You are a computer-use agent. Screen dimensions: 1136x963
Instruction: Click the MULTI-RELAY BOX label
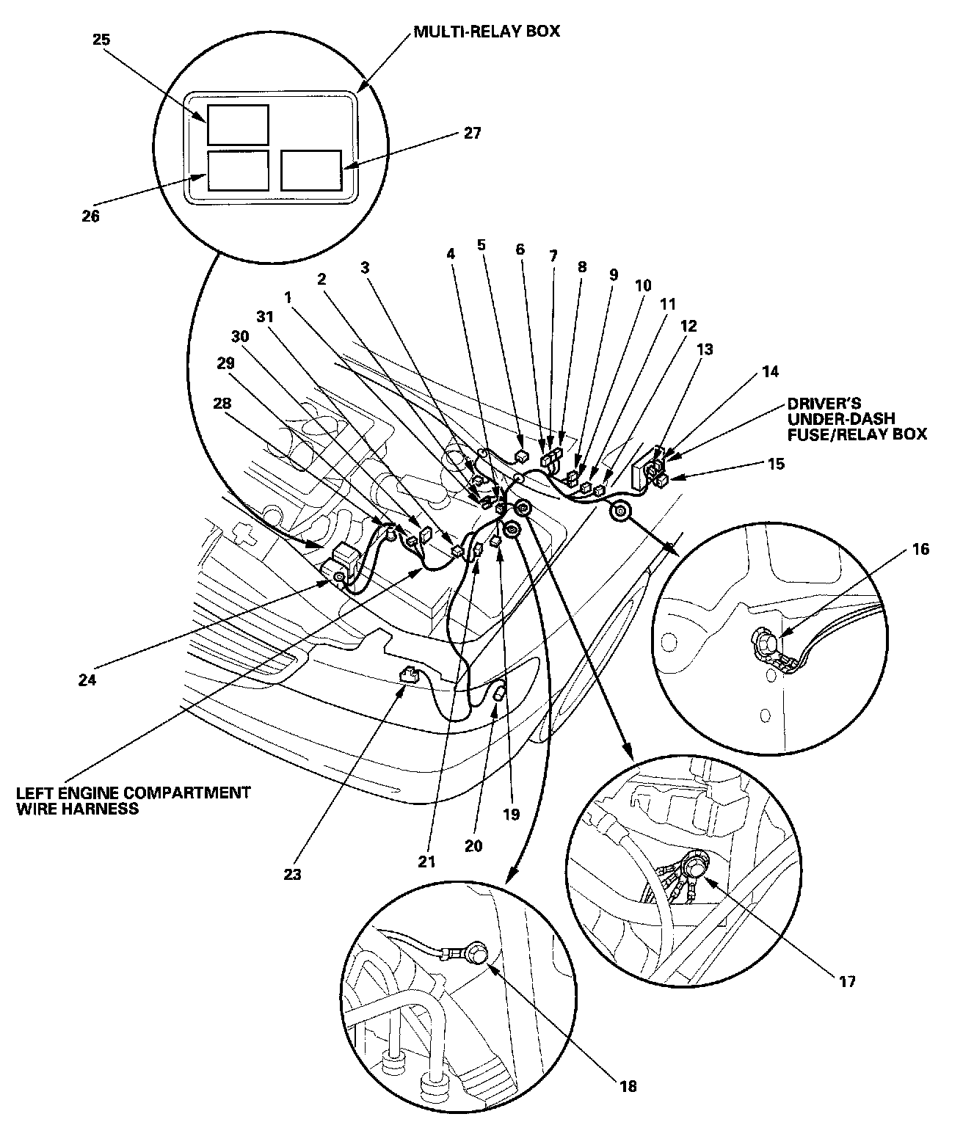[x=487, y=32]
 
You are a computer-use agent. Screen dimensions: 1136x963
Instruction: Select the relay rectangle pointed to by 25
[x=237, y=124]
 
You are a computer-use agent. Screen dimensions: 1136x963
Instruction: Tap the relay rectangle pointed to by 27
[x=310, y=170]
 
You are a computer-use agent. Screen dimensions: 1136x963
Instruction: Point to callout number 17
[x=847, y=981]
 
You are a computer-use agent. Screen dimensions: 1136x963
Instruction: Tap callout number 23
[x=293, y=875]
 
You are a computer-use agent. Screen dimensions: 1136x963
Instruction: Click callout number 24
[x=87, y=680]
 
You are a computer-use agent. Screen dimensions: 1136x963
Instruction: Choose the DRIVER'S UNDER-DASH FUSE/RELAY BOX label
[x=857, y=418]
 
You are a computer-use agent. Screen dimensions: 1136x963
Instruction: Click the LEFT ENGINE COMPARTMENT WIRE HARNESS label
[x=133, y=801]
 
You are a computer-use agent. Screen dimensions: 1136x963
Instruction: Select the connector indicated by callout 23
[x=410, y=674]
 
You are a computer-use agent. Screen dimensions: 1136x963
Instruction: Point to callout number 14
[x=770, y=372]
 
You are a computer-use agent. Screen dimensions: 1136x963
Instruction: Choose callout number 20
[x=473, y=845]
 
